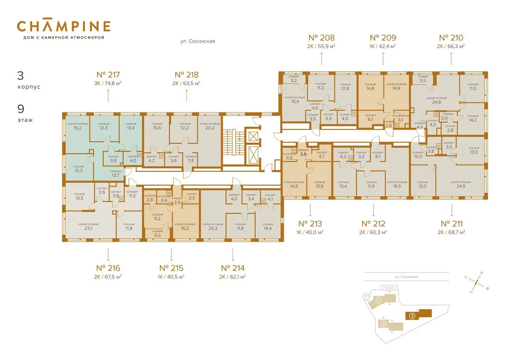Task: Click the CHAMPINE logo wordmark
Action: [x=64, y=26]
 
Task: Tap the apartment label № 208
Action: [x=322, y=37]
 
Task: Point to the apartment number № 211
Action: [x=451, y=223]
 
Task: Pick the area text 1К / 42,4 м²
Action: [x=383, y=46]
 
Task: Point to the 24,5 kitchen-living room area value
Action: [x=458, y=186]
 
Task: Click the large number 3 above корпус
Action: [x=20, y=76]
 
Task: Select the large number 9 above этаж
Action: [x=20, y=109]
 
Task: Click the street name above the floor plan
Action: [x=197, y=42]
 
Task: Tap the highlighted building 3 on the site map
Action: [x=412, y=315]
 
